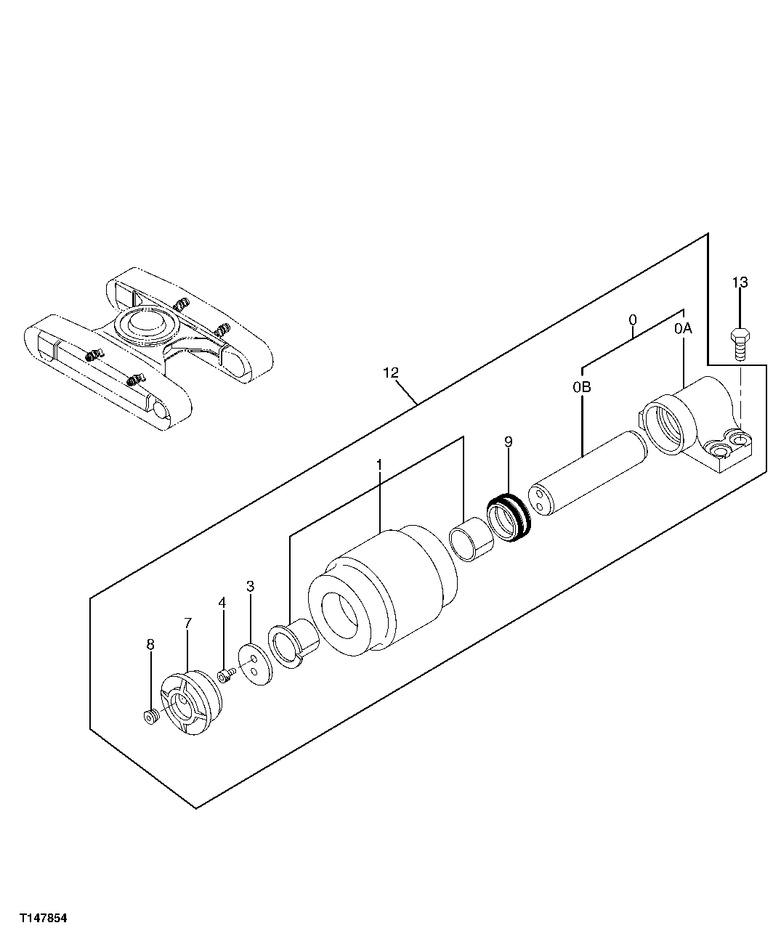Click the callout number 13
[740, 282]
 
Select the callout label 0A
[683, 329]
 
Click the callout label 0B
[581, 387]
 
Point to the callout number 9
[508, 442]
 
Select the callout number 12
[390, 373]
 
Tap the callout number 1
[379, 463]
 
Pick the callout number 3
[250, 586]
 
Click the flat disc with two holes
[255, 664]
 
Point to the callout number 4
[222, 602]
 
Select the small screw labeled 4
[226, 675]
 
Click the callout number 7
[187, 623]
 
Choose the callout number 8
[150, 643]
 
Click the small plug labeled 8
[150, 717]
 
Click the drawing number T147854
[44, 918]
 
